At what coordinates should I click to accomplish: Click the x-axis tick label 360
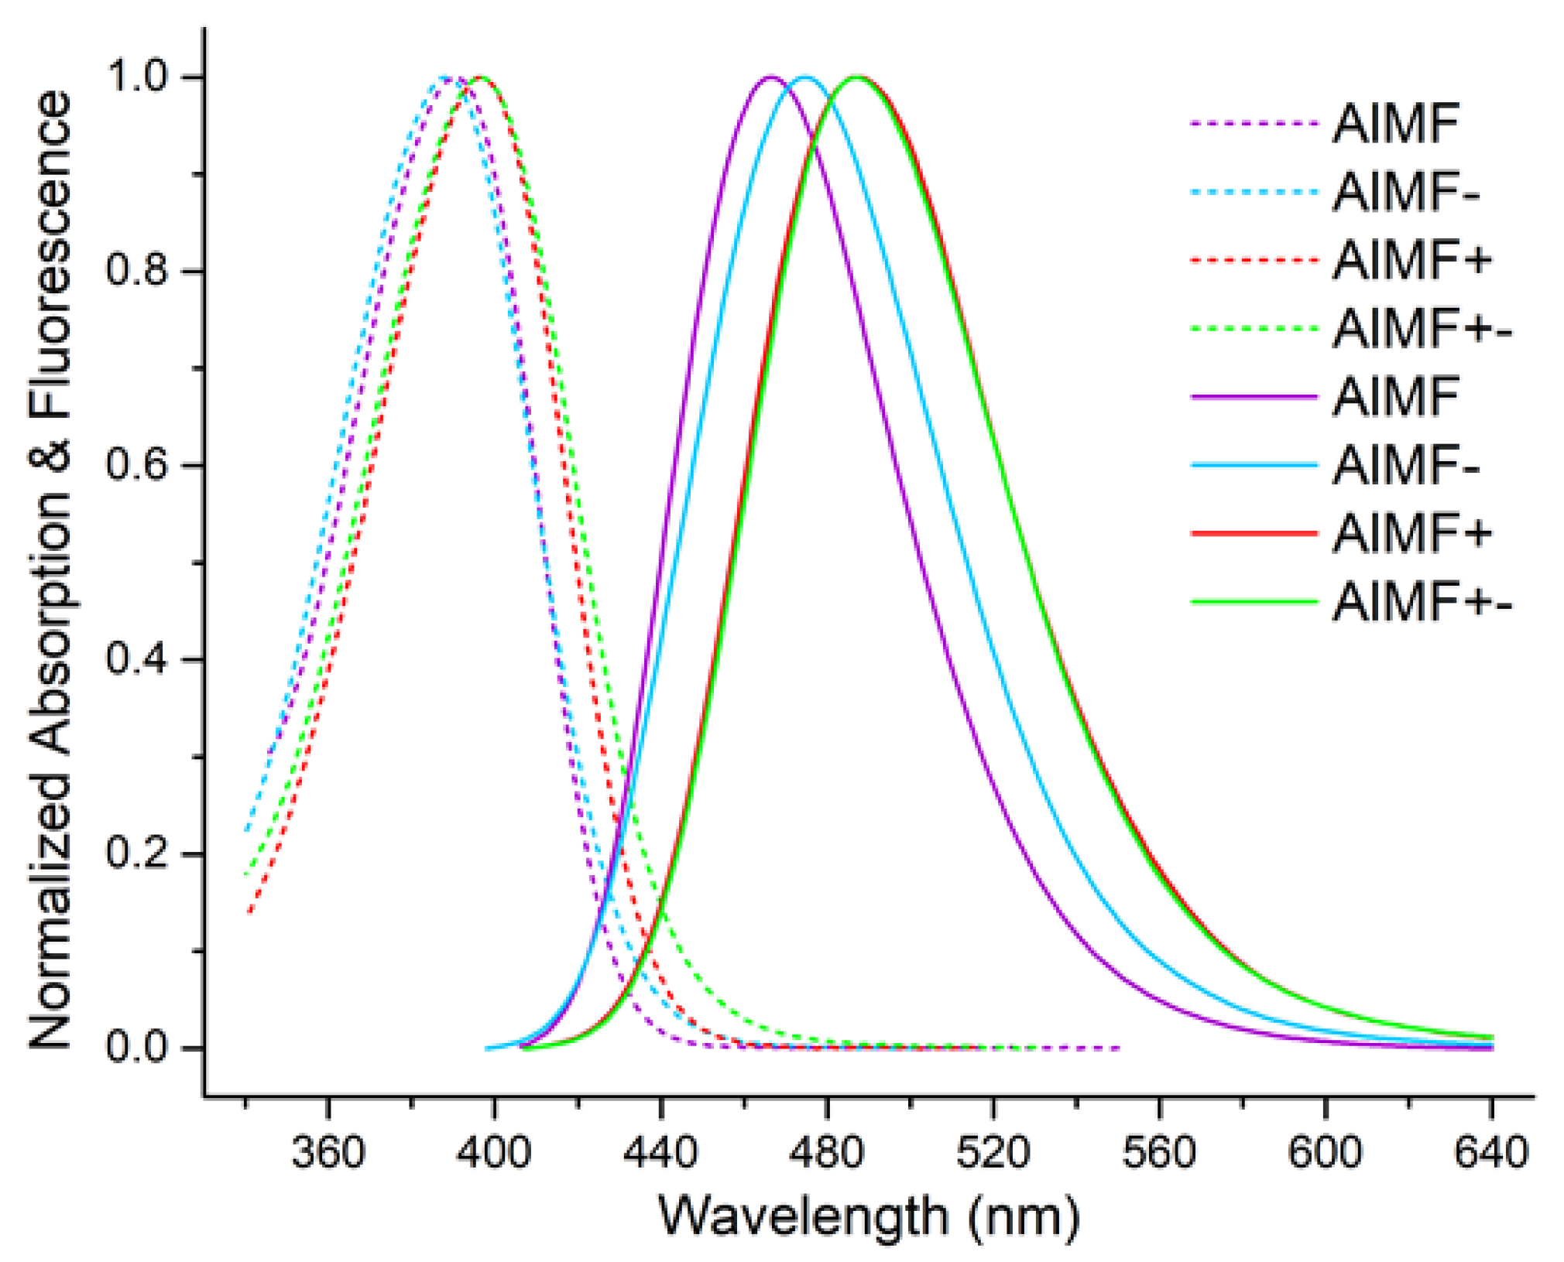pyautogui.click(x=328, y=1152)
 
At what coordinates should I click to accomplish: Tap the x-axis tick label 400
pyautogui.click(x=493, y=1152)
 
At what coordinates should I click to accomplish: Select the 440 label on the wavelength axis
pyautogui.click(x=660, y=1152)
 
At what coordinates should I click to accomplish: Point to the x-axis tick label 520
pyautogui.click(x=993, y=1152)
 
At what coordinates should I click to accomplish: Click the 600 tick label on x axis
pyautogui.click(x=1325, y=1152)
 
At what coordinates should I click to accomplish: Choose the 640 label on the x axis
pyautogui.click(x=1491, y=1152)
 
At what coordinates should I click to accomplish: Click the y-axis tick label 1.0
pyautogui.click(x=137, y=77)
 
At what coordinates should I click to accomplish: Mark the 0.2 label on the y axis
pyautogui.click(x=137, y=853)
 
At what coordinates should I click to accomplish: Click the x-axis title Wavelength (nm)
pyautogui.click(x=869, y=1218)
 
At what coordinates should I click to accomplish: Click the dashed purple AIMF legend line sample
pyautogui.click(x=1254, y=124)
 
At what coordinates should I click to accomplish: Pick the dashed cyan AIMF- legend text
pyautogui.click(x=1405, y=192)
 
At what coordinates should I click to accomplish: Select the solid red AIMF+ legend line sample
pyautogui.click(x=1254, y=533)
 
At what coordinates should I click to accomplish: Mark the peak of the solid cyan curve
pyautogui.click(x=805, y=77)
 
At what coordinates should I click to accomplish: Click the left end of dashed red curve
pyautogui.click(x=249, y=913)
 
